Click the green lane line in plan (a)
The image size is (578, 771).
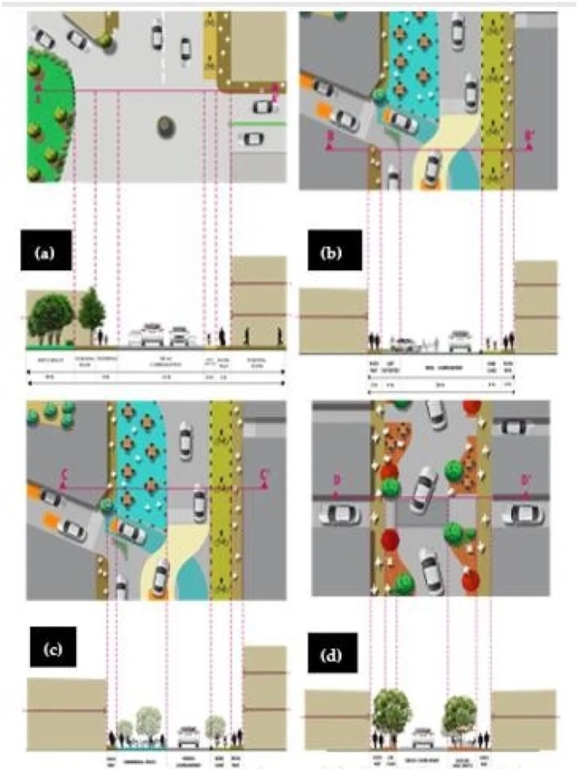click(259, 124)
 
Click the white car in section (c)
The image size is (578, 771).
click(189, 734)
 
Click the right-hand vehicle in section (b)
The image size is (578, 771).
click(459, 342)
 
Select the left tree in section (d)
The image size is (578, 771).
click(393, 710)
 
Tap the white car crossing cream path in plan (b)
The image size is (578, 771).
click(432, 166)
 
